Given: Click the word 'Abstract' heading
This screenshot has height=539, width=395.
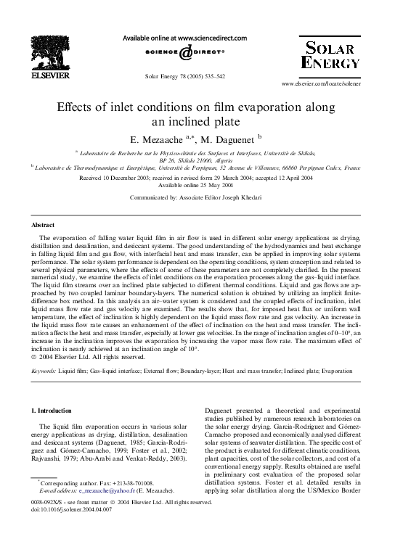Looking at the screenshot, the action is click(44, 226).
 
